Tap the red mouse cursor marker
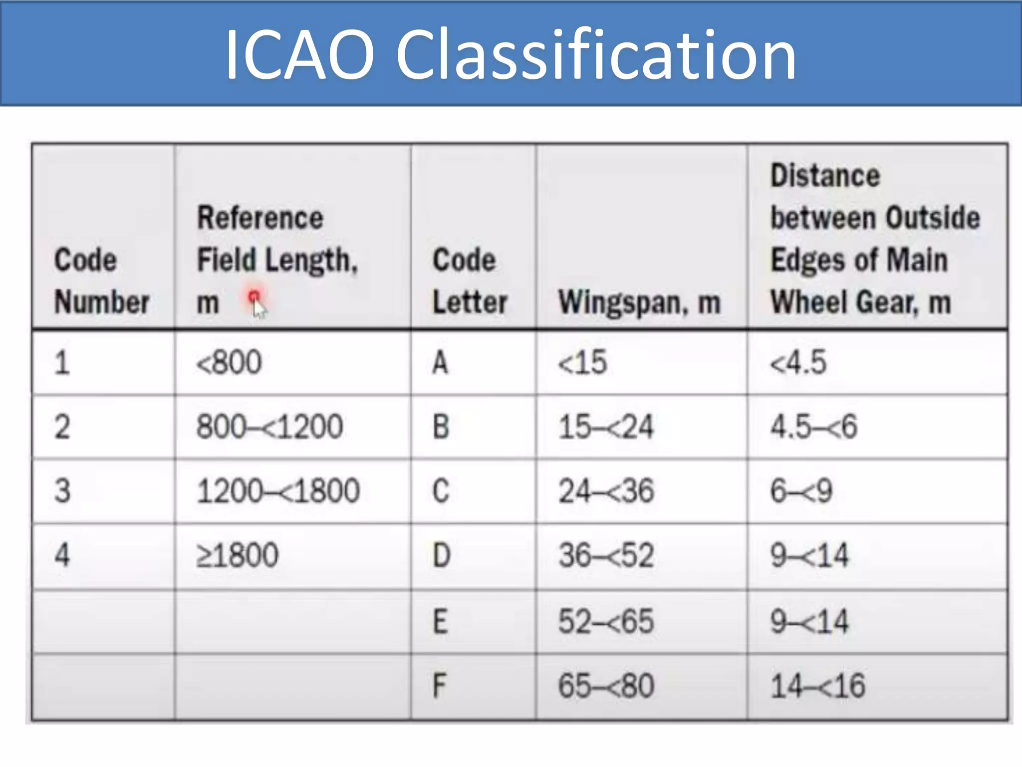point(255,301)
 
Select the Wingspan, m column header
point(639,303)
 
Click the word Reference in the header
point(260,218)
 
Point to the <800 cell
point(229,363)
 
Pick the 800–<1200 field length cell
point(269,427)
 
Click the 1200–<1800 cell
point(278,491)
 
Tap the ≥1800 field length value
point(238,555)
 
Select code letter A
point(440,363)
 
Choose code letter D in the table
point(441,555)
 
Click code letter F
point(439,686)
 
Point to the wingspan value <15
point(582,363)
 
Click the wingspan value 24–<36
point(606,491)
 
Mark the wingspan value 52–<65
point(606,622)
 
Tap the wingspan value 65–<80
point(606,686)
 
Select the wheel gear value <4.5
point(798,363)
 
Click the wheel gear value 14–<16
point(817,686)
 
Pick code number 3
point(62,491)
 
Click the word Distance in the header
point(825,176)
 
